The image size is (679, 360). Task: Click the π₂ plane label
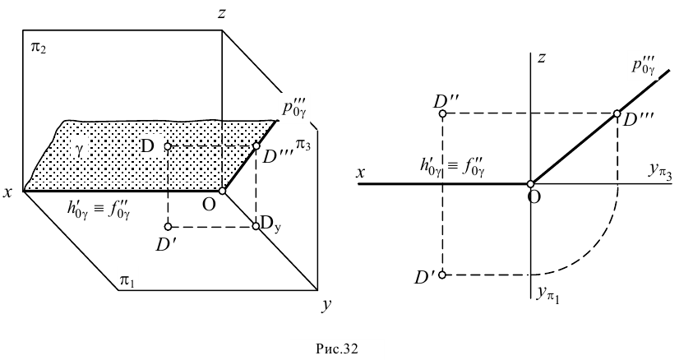38,48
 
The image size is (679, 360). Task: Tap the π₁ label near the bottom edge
129,281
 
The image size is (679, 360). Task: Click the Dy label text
272,224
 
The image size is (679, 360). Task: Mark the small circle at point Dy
256,226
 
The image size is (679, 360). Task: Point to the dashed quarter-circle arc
597,244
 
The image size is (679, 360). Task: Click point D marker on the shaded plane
168,147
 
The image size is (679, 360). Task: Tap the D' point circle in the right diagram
442,275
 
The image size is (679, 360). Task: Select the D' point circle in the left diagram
168,226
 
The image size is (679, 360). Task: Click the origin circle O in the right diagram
532,184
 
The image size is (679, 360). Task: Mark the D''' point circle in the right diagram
617,114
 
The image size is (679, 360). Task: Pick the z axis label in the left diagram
221,14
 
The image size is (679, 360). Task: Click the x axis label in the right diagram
361,173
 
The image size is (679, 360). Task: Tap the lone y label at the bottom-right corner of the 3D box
327,305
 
